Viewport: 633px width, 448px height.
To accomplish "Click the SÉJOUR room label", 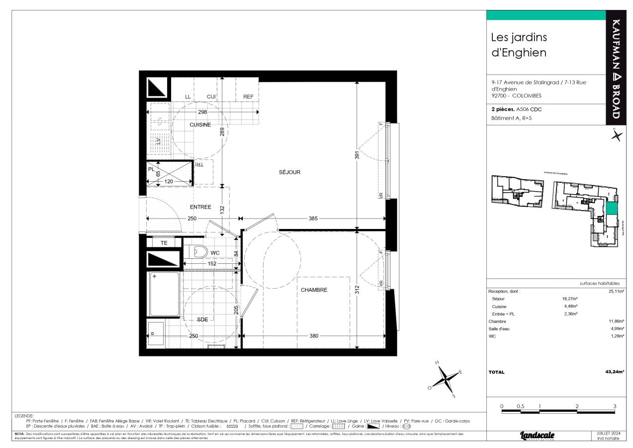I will (x=289, y=172).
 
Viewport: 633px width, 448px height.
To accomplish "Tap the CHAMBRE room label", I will (x=314, y=290).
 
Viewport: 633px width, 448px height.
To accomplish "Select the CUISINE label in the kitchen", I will (x=200, y=124).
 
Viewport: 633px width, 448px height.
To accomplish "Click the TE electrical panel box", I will (x=164, y=243).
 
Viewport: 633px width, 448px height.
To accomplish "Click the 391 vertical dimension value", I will (x=357, y=155).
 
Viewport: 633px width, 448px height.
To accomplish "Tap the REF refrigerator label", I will (x=248, y=97).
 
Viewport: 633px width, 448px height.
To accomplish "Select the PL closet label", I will (x=151, y=169).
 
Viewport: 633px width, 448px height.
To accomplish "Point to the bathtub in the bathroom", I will (x=164, y=294).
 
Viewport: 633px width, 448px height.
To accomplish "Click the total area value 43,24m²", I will (x=615, y=372).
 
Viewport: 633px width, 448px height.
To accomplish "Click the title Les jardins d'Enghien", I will (x=519, y=44).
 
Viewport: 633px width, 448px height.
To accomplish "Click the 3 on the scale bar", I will (x=615, y=406).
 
